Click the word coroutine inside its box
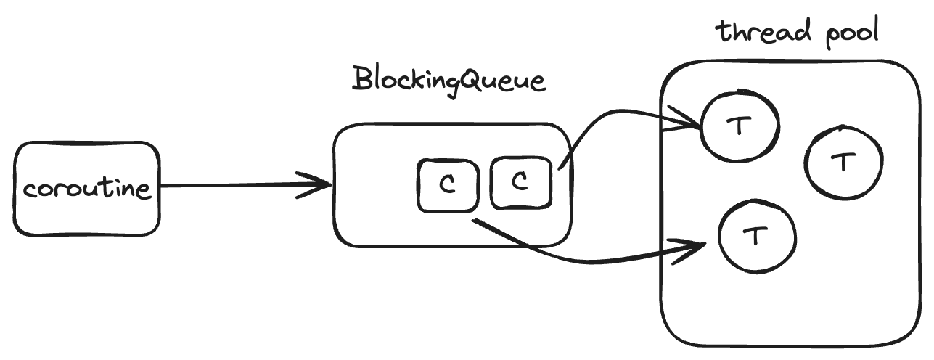tap(86, 189)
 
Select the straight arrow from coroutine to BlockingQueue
tap(239, 186)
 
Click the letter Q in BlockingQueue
tap(468, 79)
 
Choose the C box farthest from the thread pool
tap(447, 186)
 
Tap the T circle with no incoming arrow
tap(842, 162)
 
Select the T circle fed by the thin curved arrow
tap(739, 126)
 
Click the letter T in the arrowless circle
tap(842, 162)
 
